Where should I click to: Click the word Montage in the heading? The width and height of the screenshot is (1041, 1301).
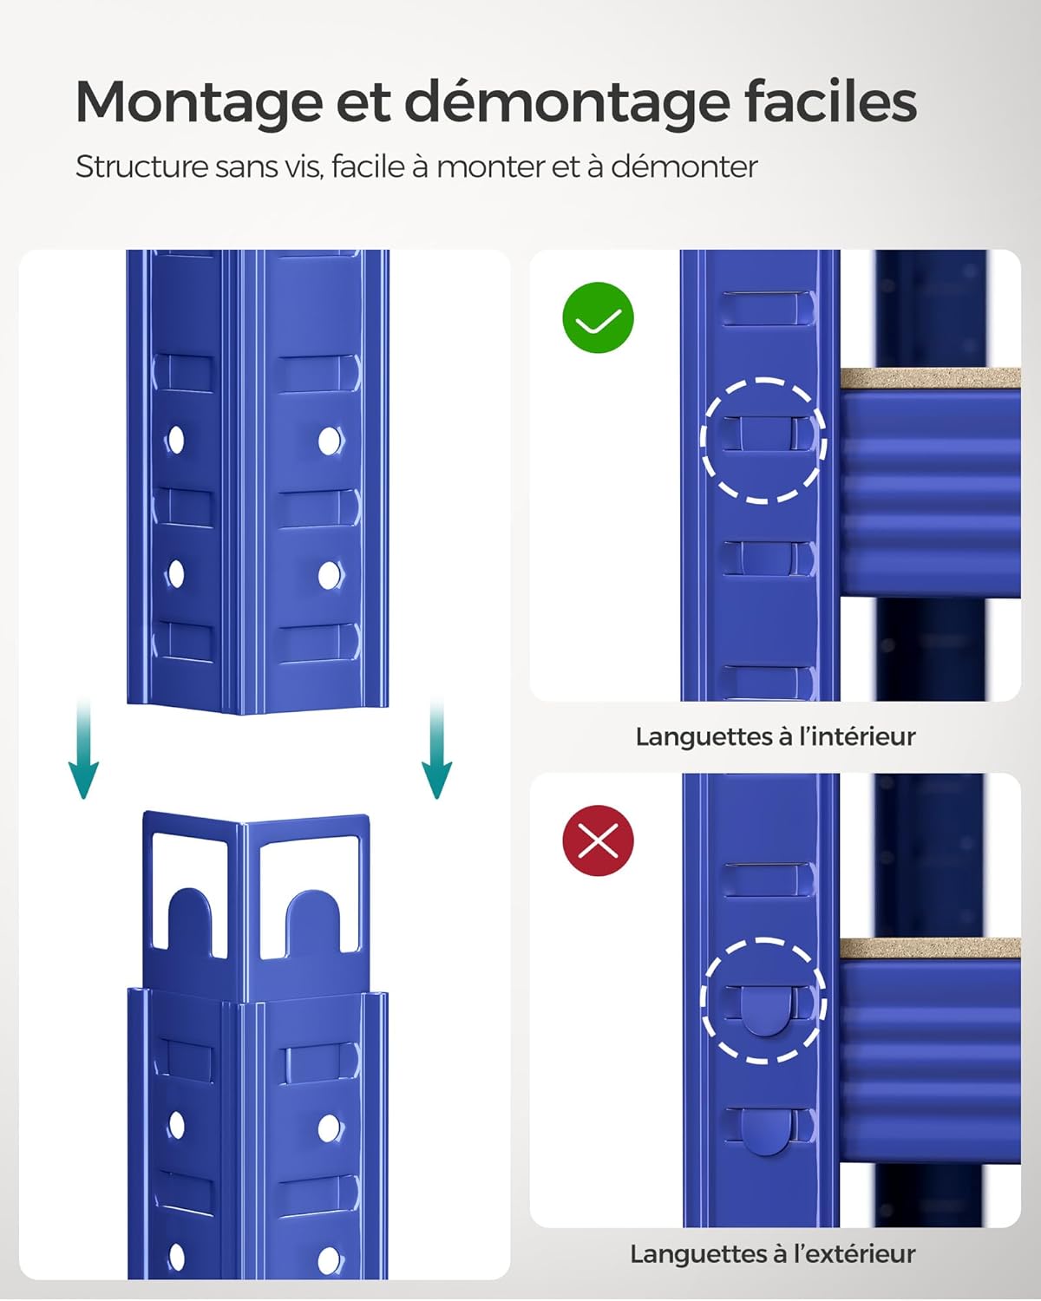198,102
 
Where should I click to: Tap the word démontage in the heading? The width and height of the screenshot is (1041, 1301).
567,102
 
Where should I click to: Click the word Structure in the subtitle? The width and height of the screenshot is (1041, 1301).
141,167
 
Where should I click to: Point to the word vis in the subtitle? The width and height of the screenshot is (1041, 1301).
304,167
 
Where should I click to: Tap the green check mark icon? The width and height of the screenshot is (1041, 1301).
599,317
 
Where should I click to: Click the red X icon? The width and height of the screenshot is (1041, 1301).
599,840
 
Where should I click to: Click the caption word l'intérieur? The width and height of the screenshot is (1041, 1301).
857,736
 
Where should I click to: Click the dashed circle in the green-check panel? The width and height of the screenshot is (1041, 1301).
763,440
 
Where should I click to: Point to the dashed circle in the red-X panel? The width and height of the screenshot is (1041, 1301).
763,1000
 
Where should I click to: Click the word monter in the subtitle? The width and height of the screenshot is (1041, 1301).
489,167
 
